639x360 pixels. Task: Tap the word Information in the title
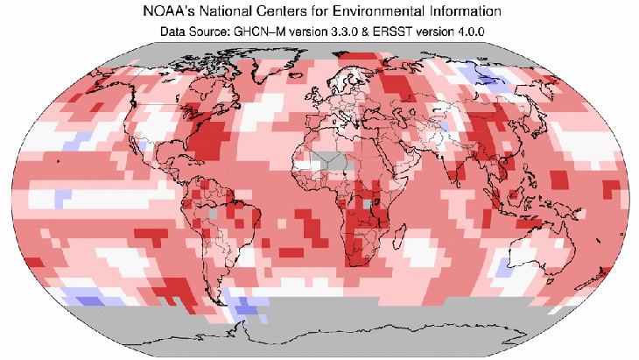coord(465,13)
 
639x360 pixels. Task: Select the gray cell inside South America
coord(213,213)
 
